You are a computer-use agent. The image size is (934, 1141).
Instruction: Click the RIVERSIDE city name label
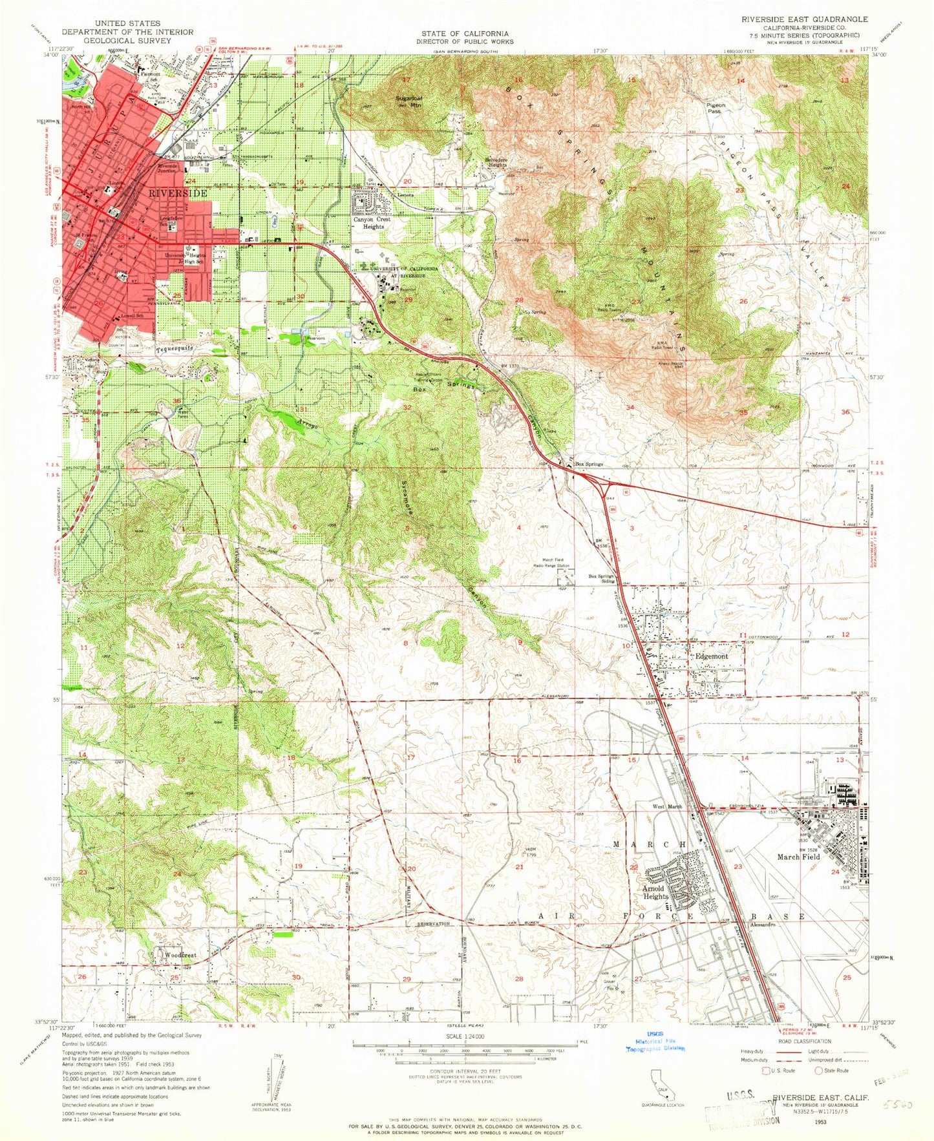pyautogui.click(x=178, y=193)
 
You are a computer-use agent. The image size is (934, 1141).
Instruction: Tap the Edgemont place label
pyautogui.click(x=711, y=656)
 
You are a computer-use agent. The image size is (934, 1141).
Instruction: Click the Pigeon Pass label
pyautogui.click(x=716, y=108)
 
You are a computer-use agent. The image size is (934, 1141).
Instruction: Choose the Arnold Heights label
pyautogui.click(x=655, y=892)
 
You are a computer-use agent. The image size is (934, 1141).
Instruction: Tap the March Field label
pyautogui.click(x=798, y=857)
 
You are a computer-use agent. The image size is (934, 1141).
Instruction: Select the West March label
pyautogui.click(x=667, y=807)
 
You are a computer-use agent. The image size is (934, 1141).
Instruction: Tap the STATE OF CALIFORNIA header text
pyautogui.click(x=465, y=34)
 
